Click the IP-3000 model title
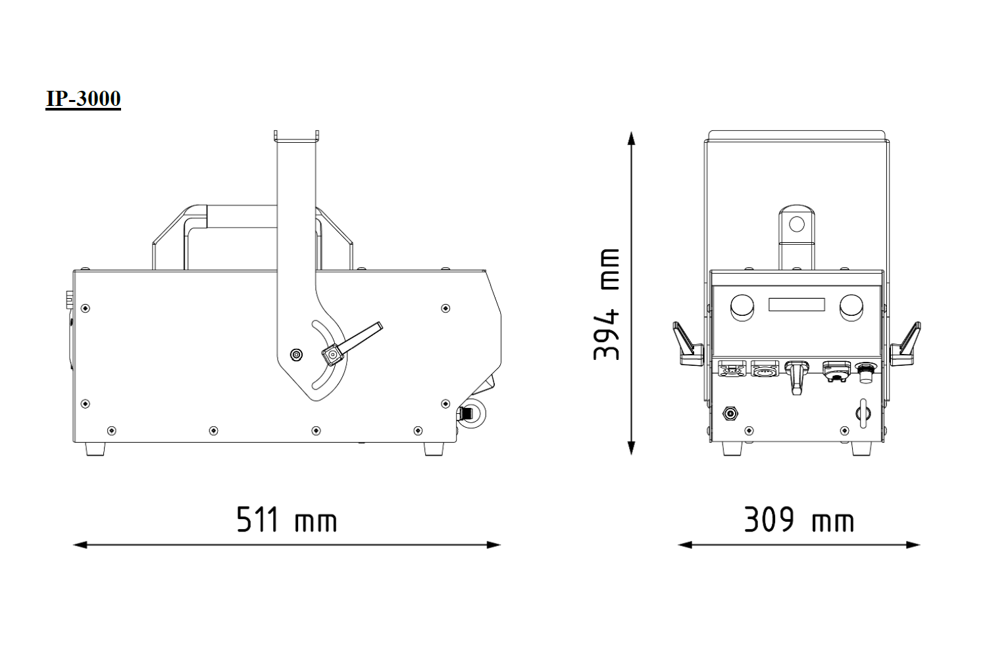(84, 99)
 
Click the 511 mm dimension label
(287, 520)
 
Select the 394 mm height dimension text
(607, 304)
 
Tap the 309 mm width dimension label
(799, 520)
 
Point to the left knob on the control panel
(742, 307)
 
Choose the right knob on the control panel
(851, 307)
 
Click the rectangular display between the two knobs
(797, 305)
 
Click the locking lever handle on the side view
(353, 343)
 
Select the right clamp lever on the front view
(906, 343)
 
